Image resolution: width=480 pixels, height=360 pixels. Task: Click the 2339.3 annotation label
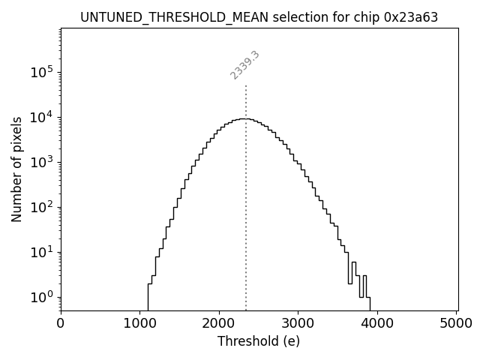(244, 65)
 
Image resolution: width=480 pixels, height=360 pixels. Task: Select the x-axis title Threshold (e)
(259, 341)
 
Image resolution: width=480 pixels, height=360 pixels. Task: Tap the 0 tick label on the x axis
(61, 323)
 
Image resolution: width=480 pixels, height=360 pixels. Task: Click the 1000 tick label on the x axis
(139, 323)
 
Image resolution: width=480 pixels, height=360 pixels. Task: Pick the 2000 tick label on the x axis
(219, 323)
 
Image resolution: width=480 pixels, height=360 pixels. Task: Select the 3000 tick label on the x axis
(298, 323)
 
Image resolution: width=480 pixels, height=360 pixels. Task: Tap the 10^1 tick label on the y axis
(40, 251)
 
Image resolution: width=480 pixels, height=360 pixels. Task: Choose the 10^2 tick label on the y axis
(40, 206)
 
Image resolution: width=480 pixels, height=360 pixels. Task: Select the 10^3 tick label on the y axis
(40, 161)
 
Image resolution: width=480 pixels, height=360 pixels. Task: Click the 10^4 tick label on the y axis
(40, 116)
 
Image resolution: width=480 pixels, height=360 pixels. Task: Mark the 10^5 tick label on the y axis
(40, 71)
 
